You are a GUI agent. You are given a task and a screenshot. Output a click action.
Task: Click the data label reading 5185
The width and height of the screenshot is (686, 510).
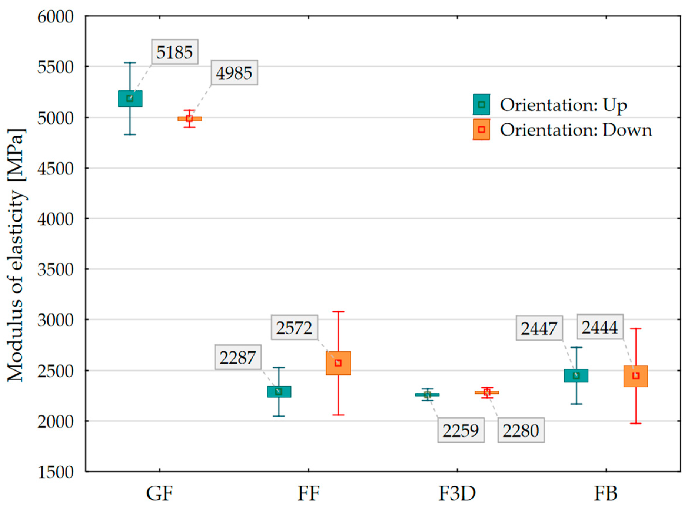click(175, 52)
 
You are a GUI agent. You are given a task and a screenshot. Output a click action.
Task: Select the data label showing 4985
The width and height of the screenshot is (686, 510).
click(234, 73)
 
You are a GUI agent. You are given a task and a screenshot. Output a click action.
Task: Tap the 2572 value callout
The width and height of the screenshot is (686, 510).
click(294, 328)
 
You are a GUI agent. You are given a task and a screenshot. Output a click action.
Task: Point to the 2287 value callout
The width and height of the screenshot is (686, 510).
click(238, 357)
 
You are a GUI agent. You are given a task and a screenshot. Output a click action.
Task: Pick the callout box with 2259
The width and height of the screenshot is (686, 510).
click(461, 430)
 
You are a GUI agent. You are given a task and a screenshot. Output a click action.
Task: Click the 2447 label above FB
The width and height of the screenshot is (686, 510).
click(539, 328)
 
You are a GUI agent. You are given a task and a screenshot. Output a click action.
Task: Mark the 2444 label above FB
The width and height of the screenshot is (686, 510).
click(600, 327)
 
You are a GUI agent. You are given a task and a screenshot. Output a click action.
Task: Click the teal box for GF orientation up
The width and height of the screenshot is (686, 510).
click(130, 98)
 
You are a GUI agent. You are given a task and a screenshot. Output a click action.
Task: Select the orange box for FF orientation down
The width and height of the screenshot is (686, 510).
click(338, 363)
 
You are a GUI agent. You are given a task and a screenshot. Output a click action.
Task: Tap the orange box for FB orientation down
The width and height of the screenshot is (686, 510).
click(635, 376)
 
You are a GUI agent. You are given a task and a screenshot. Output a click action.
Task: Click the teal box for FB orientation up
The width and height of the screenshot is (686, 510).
click(576, 376)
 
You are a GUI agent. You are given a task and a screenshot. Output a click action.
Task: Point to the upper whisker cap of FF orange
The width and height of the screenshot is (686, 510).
click(338, 311)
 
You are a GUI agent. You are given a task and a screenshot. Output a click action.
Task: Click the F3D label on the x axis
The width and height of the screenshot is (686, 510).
click(457, 493)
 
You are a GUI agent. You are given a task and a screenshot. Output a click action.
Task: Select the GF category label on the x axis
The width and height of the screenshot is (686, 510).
click(159, 493)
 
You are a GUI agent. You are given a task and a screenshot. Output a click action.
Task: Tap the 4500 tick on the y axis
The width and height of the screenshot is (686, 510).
click(56, 169)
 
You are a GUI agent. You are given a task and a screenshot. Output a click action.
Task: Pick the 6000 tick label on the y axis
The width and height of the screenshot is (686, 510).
click(56, 17)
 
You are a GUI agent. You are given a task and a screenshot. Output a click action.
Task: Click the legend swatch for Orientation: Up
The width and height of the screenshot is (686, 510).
click(481, 104)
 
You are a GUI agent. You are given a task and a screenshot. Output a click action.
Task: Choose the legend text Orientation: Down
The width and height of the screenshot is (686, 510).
click(576, 130)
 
